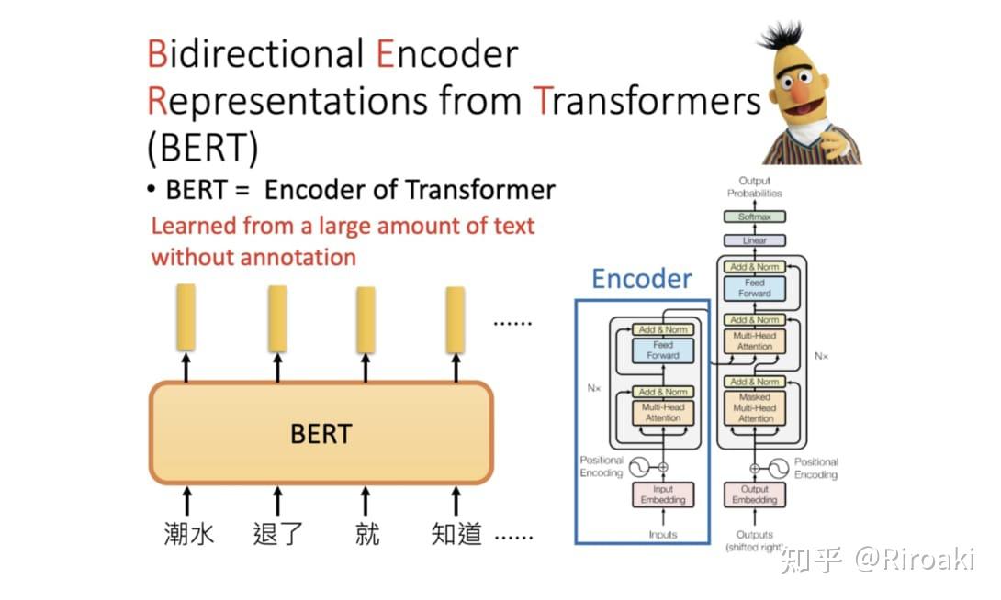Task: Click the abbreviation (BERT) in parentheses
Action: click(x=202, y=147)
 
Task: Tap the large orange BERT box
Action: click(x=321, y=433)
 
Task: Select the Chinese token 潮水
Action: click(x=188, y=534)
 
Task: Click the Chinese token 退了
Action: click(x=277, y=534)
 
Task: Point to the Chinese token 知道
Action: click(x=456, y=534)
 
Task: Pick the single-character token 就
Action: click(x=366, y=534)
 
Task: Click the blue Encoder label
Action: click(x=641, y=279)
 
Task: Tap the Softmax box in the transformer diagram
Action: click(x=754, y=217)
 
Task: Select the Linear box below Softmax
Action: click(x=754, y=240)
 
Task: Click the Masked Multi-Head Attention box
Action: click(x=755, y=407)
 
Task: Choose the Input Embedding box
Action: click(x=663, y=495)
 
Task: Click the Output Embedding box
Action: click(x=755, y=495)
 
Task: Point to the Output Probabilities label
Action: click(x=754, y=187)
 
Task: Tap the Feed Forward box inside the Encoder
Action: click(x=663, y=350)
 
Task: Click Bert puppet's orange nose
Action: click(x=802, y=92)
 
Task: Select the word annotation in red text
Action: click(x=298, y=257)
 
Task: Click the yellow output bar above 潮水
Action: click(x=186, y=317)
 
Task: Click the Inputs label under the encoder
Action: click(x=662, y=535)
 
